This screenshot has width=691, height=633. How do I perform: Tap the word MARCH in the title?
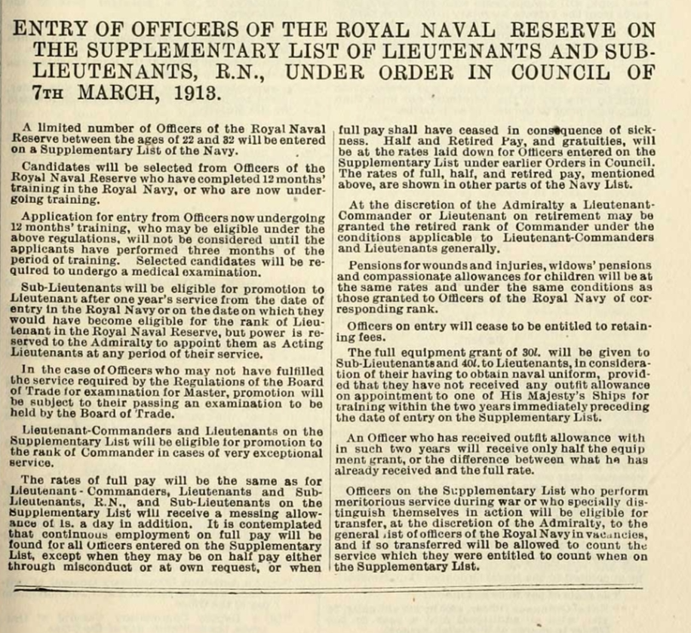coord(118,94)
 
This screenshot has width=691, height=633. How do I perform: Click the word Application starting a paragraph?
coord(51,217)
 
